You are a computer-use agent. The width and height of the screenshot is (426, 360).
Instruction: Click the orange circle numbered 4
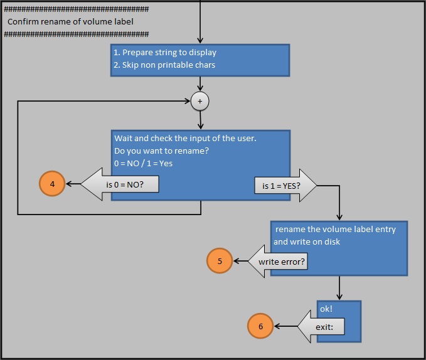(x=52, y=184)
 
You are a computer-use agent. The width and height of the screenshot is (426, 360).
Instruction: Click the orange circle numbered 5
(x=220, y=261)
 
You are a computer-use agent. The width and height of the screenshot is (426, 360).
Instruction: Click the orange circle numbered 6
(x=260, y=326)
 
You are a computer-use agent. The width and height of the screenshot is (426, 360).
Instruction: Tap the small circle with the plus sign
(x=200, y=101)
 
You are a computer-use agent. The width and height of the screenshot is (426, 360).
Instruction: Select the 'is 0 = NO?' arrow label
(x=125, y=184)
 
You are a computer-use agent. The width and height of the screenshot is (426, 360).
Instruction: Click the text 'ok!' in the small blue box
(x=326, y=309)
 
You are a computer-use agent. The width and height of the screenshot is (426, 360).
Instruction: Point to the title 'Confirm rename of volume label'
(x=70, y=21)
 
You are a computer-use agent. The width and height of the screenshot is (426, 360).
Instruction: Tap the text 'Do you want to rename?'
(x=161, y=151)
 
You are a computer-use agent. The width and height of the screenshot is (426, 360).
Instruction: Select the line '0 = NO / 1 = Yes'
(x=143, y=163)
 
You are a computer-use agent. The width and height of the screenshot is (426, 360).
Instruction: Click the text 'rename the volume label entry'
(x=336, y=229)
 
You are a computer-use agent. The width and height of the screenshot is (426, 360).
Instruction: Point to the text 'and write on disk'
(x=307, y=241)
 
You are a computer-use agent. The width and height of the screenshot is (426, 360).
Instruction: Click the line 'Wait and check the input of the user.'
(x=186, y=138)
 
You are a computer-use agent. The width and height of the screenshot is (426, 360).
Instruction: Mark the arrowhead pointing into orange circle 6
(x=277, y=326)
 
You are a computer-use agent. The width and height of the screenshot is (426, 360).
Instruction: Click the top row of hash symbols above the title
(x=76, y=9)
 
